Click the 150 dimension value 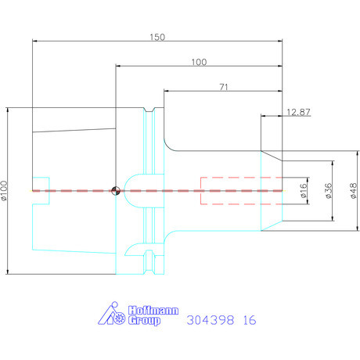pos(157,37)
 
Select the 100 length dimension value pos(199,62)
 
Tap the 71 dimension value pos(224,87)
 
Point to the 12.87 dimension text pos(298,112)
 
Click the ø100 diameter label pos(5,191)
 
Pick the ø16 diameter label pos(303,191)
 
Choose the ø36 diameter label pos(329,191)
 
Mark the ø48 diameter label pos(353,191)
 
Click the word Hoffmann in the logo pos(153,311)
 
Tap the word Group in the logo pos(144,320)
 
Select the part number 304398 pos(211,320)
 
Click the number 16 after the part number pos(250,320)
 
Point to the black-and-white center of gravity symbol pos(116,191)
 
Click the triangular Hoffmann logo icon pos(112,313)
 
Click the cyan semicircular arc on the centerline pos(124,191)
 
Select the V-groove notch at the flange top pos(149,110)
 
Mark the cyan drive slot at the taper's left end pos(49,191)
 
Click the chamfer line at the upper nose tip pos(272,156)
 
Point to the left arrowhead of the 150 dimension pos(34,41)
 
